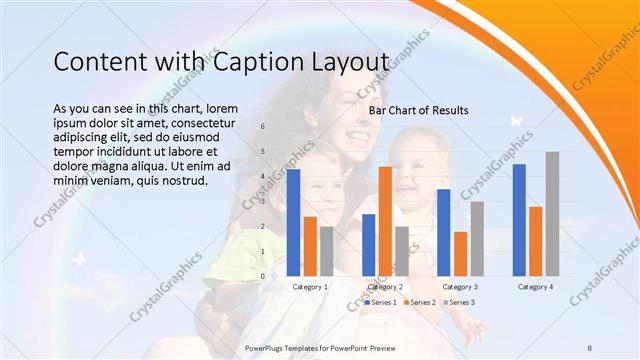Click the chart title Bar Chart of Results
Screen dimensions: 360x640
[x=418, y=109]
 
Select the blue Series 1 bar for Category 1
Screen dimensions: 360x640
[x=293, y=222]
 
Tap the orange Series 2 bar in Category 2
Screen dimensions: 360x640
[x=385, y=221]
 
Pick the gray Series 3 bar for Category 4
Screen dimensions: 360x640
[x=552, y=213]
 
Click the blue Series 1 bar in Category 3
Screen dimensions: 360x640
[x=444, y=232]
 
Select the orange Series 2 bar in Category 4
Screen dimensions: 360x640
[x=536, y=241]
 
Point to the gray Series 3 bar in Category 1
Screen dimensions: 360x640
[x=326, y=251]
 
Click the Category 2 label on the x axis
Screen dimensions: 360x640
[x=385, y=287]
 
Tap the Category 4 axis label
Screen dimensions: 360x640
[x=536, y=287]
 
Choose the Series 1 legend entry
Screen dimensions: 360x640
[x=381, y=302]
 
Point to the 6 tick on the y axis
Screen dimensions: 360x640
[x=262, y=127]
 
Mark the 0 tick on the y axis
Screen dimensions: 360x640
[x=262, y=276]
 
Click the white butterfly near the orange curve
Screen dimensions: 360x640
[x=517, y=121]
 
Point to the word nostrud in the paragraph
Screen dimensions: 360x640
[x=182, y=181]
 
